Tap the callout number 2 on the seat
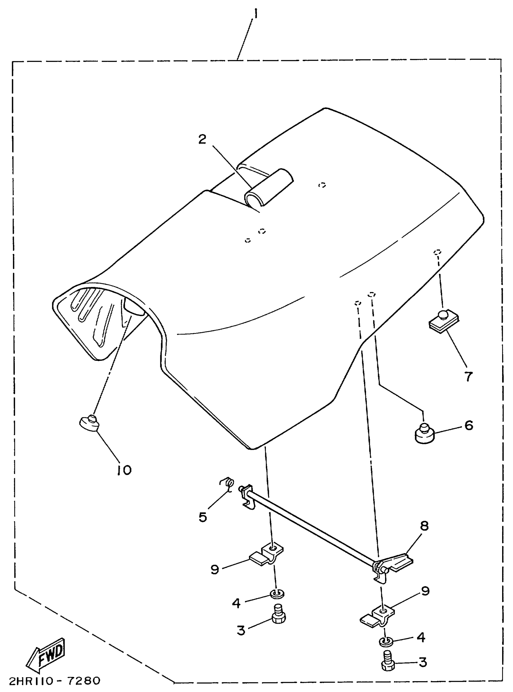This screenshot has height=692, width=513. pyautogui.click(x=202, y=140)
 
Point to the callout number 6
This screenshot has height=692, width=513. pyautogui.click(x=469, y=426)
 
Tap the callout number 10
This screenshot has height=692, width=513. pyautogui.click(x=124, y=470)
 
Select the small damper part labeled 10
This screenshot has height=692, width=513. pyautogui.click(x=89, y=423)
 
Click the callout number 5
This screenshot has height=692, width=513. pyautogui.click(x=202, y=517)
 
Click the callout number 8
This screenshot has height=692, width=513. pyautogui.click(x=424, y=526)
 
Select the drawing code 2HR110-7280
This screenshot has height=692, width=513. pyautogui.click(x=55, y=681)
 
